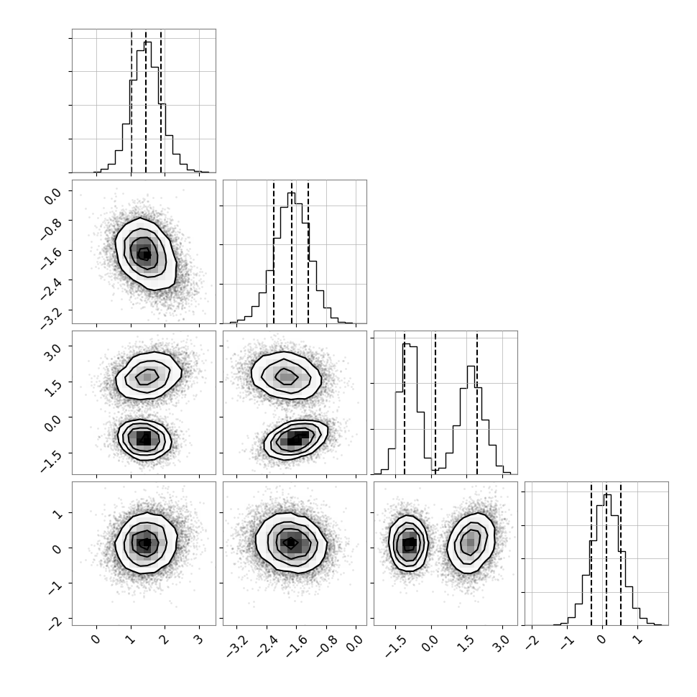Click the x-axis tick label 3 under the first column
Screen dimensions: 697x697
click(199, 640)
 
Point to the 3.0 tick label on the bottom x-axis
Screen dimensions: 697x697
click(502, 643)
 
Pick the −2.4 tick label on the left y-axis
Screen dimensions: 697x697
click(51, 288)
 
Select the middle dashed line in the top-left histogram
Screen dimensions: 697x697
click(146, 101)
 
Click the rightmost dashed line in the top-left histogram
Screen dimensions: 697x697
click(161, 101)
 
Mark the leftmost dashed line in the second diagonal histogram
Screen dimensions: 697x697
click(274, 251)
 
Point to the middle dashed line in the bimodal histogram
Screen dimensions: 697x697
click(435, 402)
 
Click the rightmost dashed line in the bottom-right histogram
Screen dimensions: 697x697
click(621, 553)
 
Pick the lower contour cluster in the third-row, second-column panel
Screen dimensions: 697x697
click(296, 440)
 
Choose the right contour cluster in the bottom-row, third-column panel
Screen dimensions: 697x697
click(471, 543)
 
